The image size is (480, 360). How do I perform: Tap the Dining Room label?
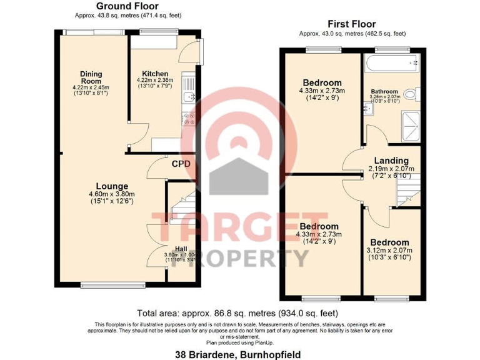(x=91, y=77)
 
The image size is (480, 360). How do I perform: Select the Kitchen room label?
(x=155, y=74)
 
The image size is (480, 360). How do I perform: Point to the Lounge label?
(x=112, y=186)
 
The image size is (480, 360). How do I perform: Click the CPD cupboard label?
(x=181, y=164)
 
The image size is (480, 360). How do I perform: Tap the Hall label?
(x=181, y=249)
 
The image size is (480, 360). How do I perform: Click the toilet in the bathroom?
(x=410, y=94)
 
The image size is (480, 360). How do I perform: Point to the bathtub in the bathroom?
(x=392, y=63)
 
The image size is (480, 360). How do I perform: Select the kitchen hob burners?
(x=187, y=118)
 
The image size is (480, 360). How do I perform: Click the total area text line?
(x=239, y=313)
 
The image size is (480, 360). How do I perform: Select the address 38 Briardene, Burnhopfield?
(x=240, y=354)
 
